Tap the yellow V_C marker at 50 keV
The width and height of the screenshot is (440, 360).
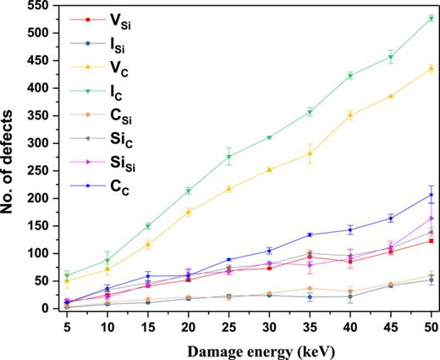[432, 68]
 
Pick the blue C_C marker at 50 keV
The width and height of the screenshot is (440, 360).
[432, 195]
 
